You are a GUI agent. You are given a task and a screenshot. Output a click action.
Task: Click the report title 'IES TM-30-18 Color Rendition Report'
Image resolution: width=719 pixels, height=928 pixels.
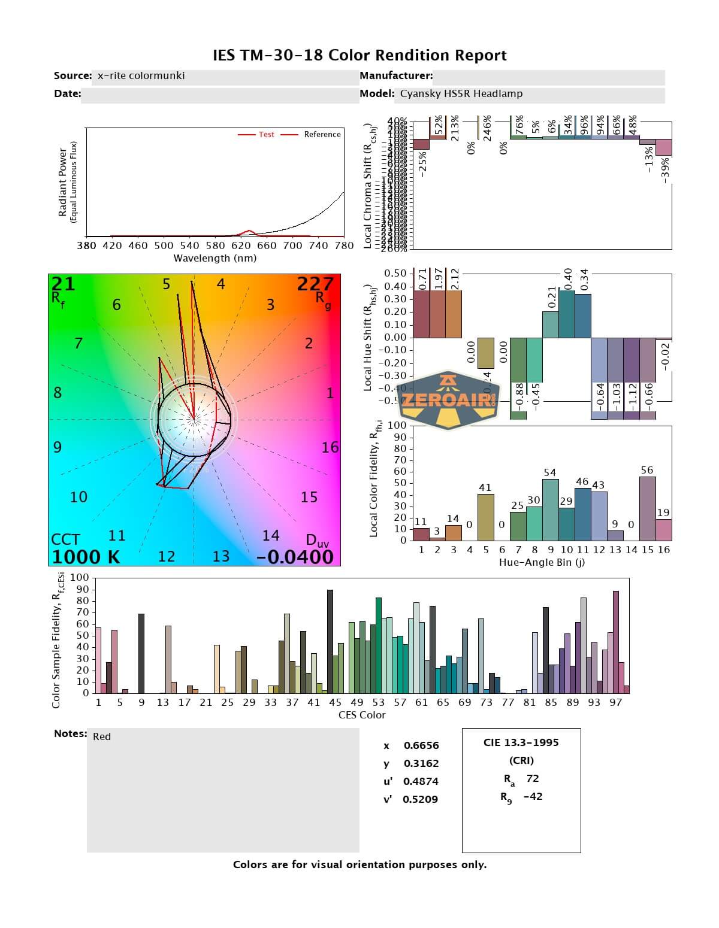click(x=359, y=56)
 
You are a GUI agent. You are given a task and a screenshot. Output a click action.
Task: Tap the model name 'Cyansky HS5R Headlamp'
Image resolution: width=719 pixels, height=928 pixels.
click(x=461, y=94)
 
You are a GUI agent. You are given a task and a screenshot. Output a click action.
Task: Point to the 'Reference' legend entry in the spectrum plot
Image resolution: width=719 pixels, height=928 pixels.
click(x=322, y=135)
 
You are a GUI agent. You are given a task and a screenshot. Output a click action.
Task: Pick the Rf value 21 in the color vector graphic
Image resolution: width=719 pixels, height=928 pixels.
click(x=64, y=284)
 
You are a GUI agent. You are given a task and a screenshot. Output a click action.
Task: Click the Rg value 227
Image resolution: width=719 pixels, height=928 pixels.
click(x=315, y=284)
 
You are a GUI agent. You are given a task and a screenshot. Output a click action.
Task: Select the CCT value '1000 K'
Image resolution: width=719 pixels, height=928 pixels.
click(x=86, y=557)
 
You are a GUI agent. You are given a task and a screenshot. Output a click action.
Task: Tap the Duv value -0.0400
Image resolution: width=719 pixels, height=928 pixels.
click(x=295, y=557)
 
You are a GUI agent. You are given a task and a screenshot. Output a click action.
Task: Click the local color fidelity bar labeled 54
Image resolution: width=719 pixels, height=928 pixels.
click(x=550, y=509)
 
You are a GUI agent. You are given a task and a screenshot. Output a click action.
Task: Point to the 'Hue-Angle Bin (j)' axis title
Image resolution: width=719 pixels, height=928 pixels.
click(x=542, y=563)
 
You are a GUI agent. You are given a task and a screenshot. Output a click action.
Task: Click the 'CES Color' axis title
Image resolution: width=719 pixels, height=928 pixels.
click(x=362, y=715)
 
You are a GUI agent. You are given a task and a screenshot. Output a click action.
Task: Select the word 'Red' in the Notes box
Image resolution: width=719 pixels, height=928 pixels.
click(x=102, y=737)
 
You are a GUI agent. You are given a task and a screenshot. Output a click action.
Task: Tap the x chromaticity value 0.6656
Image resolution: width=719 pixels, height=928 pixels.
click(x=421, y=746)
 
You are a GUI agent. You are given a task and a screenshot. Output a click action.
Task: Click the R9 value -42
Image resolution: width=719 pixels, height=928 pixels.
click(x=533, y=797)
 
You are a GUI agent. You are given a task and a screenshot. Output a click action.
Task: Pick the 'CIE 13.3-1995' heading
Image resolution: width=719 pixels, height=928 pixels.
click(x=521, y=743)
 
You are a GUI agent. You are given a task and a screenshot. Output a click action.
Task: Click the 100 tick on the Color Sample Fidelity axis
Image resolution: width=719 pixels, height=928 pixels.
click(x=80, y=578)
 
